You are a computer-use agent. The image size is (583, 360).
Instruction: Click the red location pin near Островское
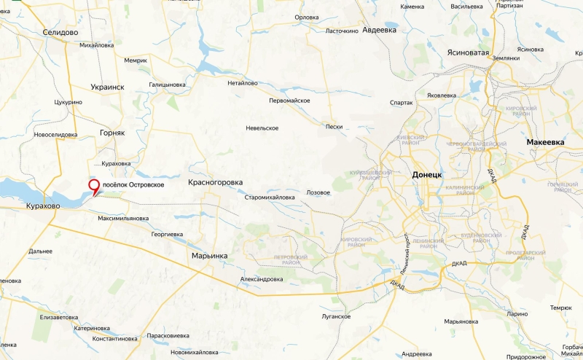[x=94, y=187]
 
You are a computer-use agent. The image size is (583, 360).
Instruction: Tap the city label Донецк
[x=427, y=176]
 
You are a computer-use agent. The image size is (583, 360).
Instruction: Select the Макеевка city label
[x=546, y=142]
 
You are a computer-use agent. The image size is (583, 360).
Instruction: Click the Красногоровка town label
[x=215, y=182]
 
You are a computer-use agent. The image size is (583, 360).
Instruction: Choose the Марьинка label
[x=209, y=256]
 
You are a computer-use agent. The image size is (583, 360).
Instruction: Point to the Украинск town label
[x=107, y=87]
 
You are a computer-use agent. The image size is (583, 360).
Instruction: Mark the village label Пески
[x=334, y=127]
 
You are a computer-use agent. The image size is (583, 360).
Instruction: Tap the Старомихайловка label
[x=270, y=197]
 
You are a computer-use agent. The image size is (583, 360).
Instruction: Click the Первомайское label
[x=289, y=100]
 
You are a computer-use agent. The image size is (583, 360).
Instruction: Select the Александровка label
[x=261, y=279]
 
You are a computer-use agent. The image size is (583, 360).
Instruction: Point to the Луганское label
[x=336, y=317]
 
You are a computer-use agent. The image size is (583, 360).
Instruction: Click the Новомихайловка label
[x=195, y=352]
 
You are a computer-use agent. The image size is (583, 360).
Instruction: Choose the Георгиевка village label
[x=167, y=235]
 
